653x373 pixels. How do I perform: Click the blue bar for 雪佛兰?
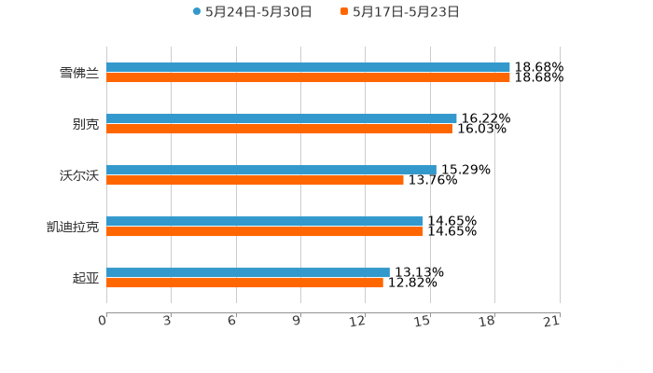pyautogui.click(x=308, y=67)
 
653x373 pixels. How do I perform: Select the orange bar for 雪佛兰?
pyautogui.click(x=308, y=77)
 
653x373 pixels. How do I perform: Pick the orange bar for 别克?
pyautogui.click(x=279, y=129)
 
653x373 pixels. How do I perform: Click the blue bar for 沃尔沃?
pyautogui.click(x=271, y=170)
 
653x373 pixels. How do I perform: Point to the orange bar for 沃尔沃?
pyautogui.click(x=255, y=180)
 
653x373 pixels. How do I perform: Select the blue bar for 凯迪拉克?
pyautogui.click(x=264, y=221)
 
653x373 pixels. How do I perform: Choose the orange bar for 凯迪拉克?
pyautogui.click(x=264, y=231)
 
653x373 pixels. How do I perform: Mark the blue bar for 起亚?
pyautogui.click(x=247, y=272)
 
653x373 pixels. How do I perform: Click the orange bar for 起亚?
pyautogui.click(x=244, y=283)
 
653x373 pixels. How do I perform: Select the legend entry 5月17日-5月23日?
pyautogui.click(x=405, y=12)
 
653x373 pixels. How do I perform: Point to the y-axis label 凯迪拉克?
pyautogui.click(x=73, y=227)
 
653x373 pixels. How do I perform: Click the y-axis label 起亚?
pyautogui.click(x=86, y=278)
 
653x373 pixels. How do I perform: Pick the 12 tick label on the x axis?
pyautogui.click(x=358, y=321)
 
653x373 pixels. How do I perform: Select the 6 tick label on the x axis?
pyautogui.click(x=232, y=321)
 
